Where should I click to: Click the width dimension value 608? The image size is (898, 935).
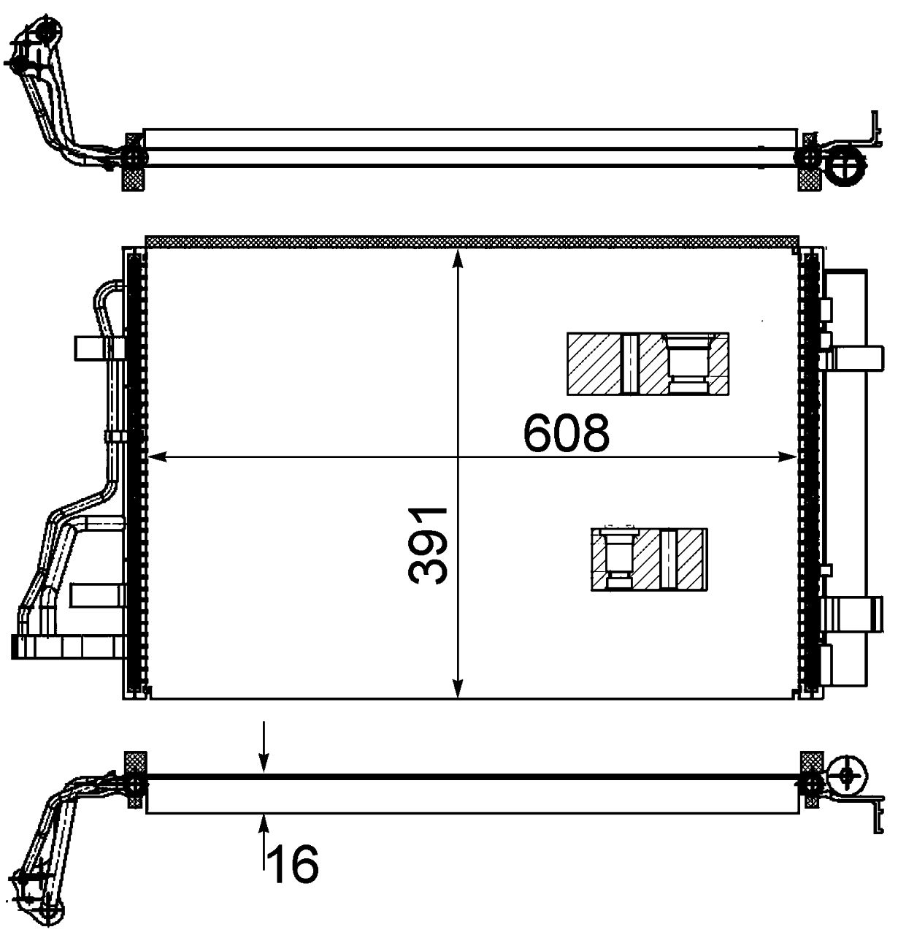coord(566,433)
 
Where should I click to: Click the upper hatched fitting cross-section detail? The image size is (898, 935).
coord(648,364)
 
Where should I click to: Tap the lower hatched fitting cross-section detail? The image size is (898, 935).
coord(648,559)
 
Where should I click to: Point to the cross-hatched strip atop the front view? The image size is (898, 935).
coord(471,241)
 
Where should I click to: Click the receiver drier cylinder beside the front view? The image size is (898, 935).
coord(848,475)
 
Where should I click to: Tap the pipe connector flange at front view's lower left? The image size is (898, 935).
coord(66,646)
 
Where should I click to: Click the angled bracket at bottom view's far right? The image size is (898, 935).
coord(871,814)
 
